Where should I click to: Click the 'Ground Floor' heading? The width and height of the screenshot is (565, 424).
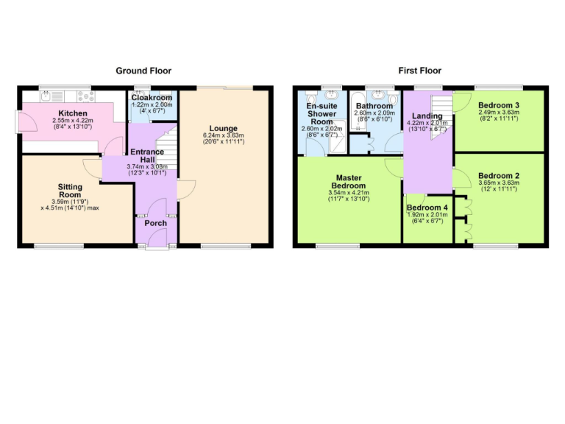point(143,71)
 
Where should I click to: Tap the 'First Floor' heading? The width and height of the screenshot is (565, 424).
point(419,71)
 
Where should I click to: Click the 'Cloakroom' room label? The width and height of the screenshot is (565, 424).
point(152,97)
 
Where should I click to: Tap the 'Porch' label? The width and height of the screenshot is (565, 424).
point(155,223)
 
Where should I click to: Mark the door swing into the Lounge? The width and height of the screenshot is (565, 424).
point(184,190)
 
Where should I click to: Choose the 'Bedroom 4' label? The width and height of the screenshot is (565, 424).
point(426,208)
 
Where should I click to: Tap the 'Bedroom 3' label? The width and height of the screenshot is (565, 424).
point(498,105)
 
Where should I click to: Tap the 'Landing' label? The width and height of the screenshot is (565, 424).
point(427,116)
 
